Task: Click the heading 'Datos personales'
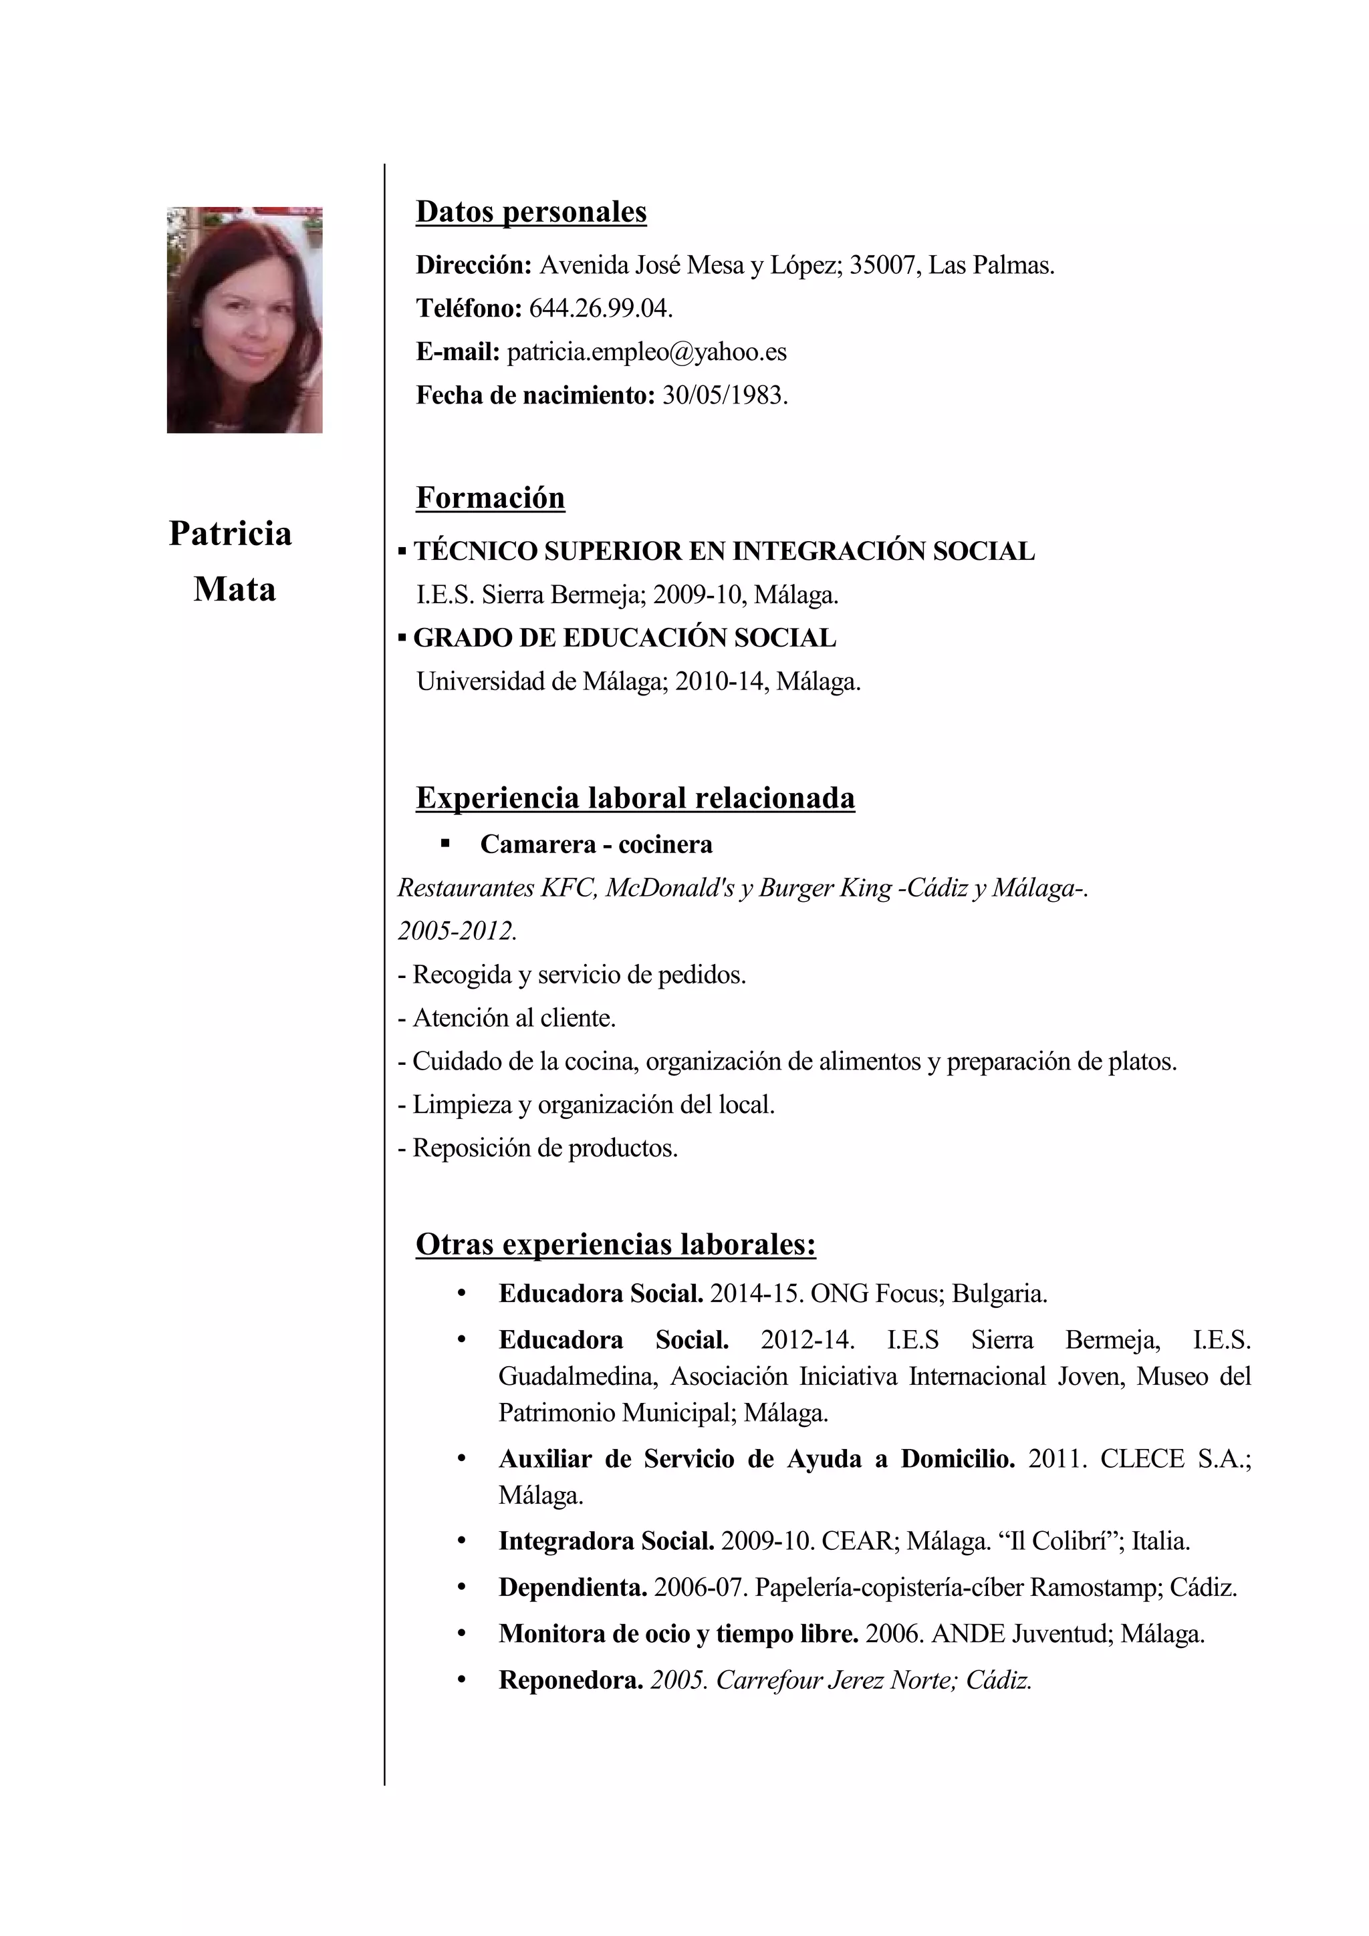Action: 531,212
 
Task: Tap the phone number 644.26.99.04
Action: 600,309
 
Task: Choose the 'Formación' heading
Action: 490,498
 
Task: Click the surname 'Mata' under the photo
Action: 235,589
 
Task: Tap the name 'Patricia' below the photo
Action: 230,533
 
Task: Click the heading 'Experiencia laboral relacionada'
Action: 634,797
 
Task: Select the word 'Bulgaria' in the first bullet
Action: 999,1293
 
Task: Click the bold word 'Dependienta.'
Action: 573,1588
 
